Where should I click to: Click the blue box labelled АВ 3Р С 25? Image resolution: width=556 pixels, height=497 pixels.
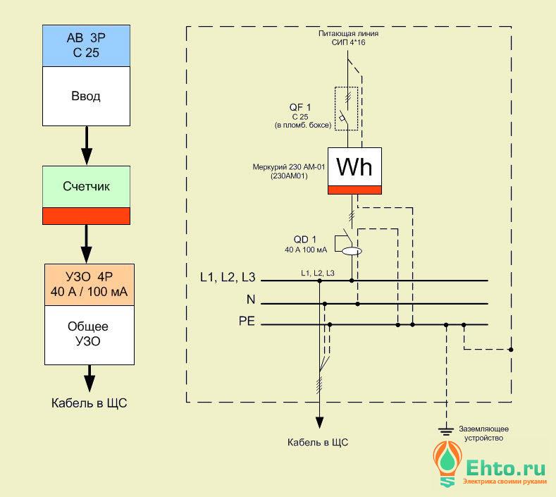[86, 46]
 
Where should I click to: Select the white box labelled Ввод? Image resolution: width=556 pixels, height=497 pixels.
[86, 96]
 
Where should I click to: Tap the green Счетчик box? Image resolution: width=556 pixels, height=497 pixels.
[86, 187]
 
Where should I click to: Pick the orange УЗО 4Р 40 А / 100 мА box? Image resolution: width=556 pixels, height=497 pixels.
[89, 285]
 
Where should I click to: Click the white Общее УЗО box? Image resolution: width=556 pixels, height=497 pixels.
[89, 335]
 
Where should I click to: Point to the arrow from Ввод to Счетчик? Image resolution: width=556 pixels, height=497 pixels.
[87, 145]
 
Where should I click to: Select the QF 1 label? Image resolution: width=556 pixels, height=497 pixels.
[300, 107]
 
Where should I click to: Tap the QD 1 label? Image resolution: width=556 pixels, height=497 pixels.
[305, 240]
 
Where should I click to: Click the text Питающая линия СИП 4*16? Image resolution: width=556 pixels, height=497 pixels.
[348, 38]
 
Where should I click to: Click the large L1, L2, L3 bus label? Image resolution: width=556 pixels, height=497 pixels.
[228, 277]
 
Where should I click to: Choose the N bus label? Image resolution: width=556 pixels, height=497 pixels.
[251, 300]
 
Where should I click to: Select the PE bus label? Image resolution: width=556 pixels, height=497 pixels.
[247, 321]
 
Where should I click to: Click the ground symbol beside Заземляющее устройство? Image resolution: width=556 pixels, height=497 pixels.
[446, 431]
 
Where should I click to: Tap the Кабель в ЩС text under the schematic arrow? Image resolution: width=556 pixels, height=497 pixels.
[318, 443]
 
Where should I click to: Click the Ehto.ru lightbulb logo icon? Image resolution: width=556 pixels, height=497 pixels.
[447, 464]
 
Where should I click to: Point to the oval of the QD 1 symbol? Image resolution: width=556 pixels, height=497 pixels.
[352, 251]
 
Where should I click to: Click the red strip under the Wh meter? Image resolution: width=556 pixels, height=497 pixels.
[354, 190]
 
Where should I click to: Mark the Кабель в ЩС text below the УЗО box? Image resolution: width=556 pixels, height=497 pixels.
[89, 403]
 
